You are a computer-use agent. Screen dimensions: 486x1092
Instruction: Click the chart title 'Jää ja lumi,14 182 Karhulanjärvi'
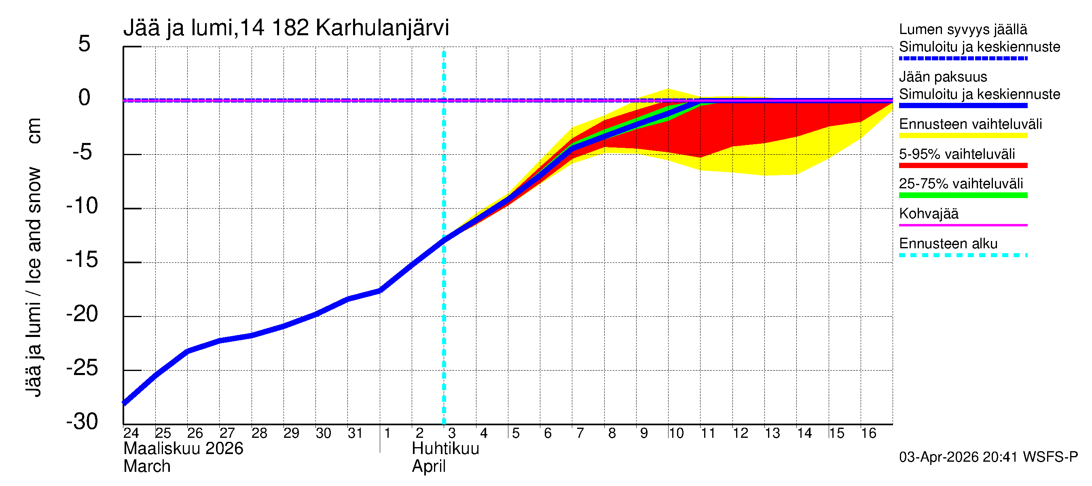click(x=286, y=28)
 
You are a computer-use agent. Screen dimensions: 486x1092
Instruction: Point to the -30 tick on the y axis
click(x=82, y=422)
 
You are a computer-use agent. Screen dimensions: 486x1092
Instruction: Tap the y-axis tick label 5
click(x=85, y=44)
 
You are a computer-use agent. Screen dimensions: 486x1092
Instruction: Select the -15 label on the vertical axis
click(x=82, y=260)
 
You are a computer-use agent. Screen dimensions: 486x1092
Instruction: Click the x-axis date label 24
click(x=131, y=433)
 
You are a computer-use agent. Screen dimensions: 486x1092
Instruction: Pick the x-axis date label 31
click(x=355, y=433)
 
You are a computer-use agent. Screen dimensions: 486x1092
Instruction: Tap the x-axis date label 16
click(x=869, y=433)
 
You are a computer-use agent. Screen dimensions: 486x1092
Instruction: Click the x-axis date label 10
click(x=676, y=433)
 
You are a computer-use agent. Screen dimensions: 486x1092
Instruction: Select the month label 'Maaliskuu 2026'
click(x=183, y=449)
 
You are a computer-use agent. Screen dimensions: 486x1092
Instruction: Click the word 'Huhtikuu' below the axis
click(x=446, y=449)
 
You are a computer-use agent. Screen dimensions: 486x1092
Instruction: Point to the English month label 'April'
click(x=429, y=467)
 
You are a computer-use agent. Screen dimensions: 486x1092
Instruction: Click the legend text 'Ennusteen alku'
click(x=948, y=244)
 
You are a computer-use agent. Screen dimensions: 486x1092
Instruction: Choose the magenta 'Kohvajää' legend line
click(x=963, y=225)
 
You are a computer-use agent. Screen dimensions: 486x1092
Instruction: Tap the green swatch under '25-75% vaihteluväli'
click(x=963, y=195)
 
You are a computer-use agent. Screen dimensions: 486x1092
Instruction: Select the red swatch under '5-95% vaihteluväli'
click(x=963, y=166)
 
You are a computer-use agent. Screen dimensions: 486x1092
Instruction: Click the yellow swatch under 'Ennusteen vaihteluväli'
click(x=963, y=136)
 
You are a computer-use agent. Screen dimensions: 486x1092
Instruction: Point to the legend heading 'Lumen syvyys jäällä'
click(x=963, y=30)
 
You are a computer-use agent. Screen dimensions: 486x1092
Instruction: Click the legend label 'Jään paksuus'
click(x=943, y=77)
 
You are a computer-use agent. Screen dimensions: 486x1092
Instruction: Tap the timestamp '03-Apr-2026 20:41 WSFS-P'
click(x=988, y=457)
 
